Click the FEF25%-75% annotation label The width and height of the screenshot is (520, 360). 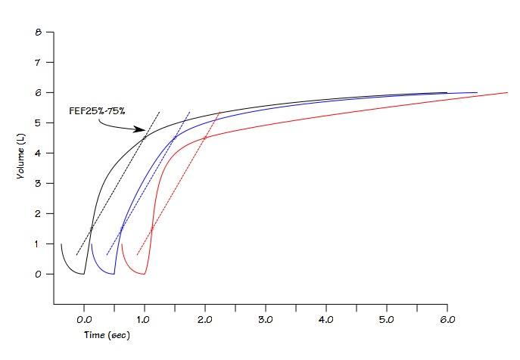click(97, 111)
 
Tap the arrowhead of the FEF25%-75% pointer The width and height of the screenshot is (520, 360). click(143, 129)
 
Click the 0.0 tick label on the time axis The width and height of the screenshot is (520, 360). click(84, 321)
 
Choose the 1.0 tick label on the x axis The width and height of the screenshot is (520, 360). click(145, 321)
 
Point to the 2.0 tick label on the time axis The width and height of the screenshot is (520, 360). click(205, 321)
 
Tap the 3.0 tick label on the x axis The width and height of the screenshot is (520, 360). click(266, 321)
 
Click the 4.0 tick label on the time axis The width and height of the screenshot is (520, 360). click(326, 321)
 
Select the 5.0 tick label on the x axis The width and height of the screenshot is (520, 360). click(387, 321)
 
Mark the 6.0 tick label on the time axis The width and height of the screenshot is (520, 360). click(447, 321)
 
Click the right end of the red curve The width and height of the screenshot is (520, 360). click(507, 92)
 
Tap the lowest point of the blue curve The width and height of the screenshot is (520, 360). click(114, 275)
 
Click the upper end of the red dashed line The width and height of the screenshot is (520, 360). click(220, 112)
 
